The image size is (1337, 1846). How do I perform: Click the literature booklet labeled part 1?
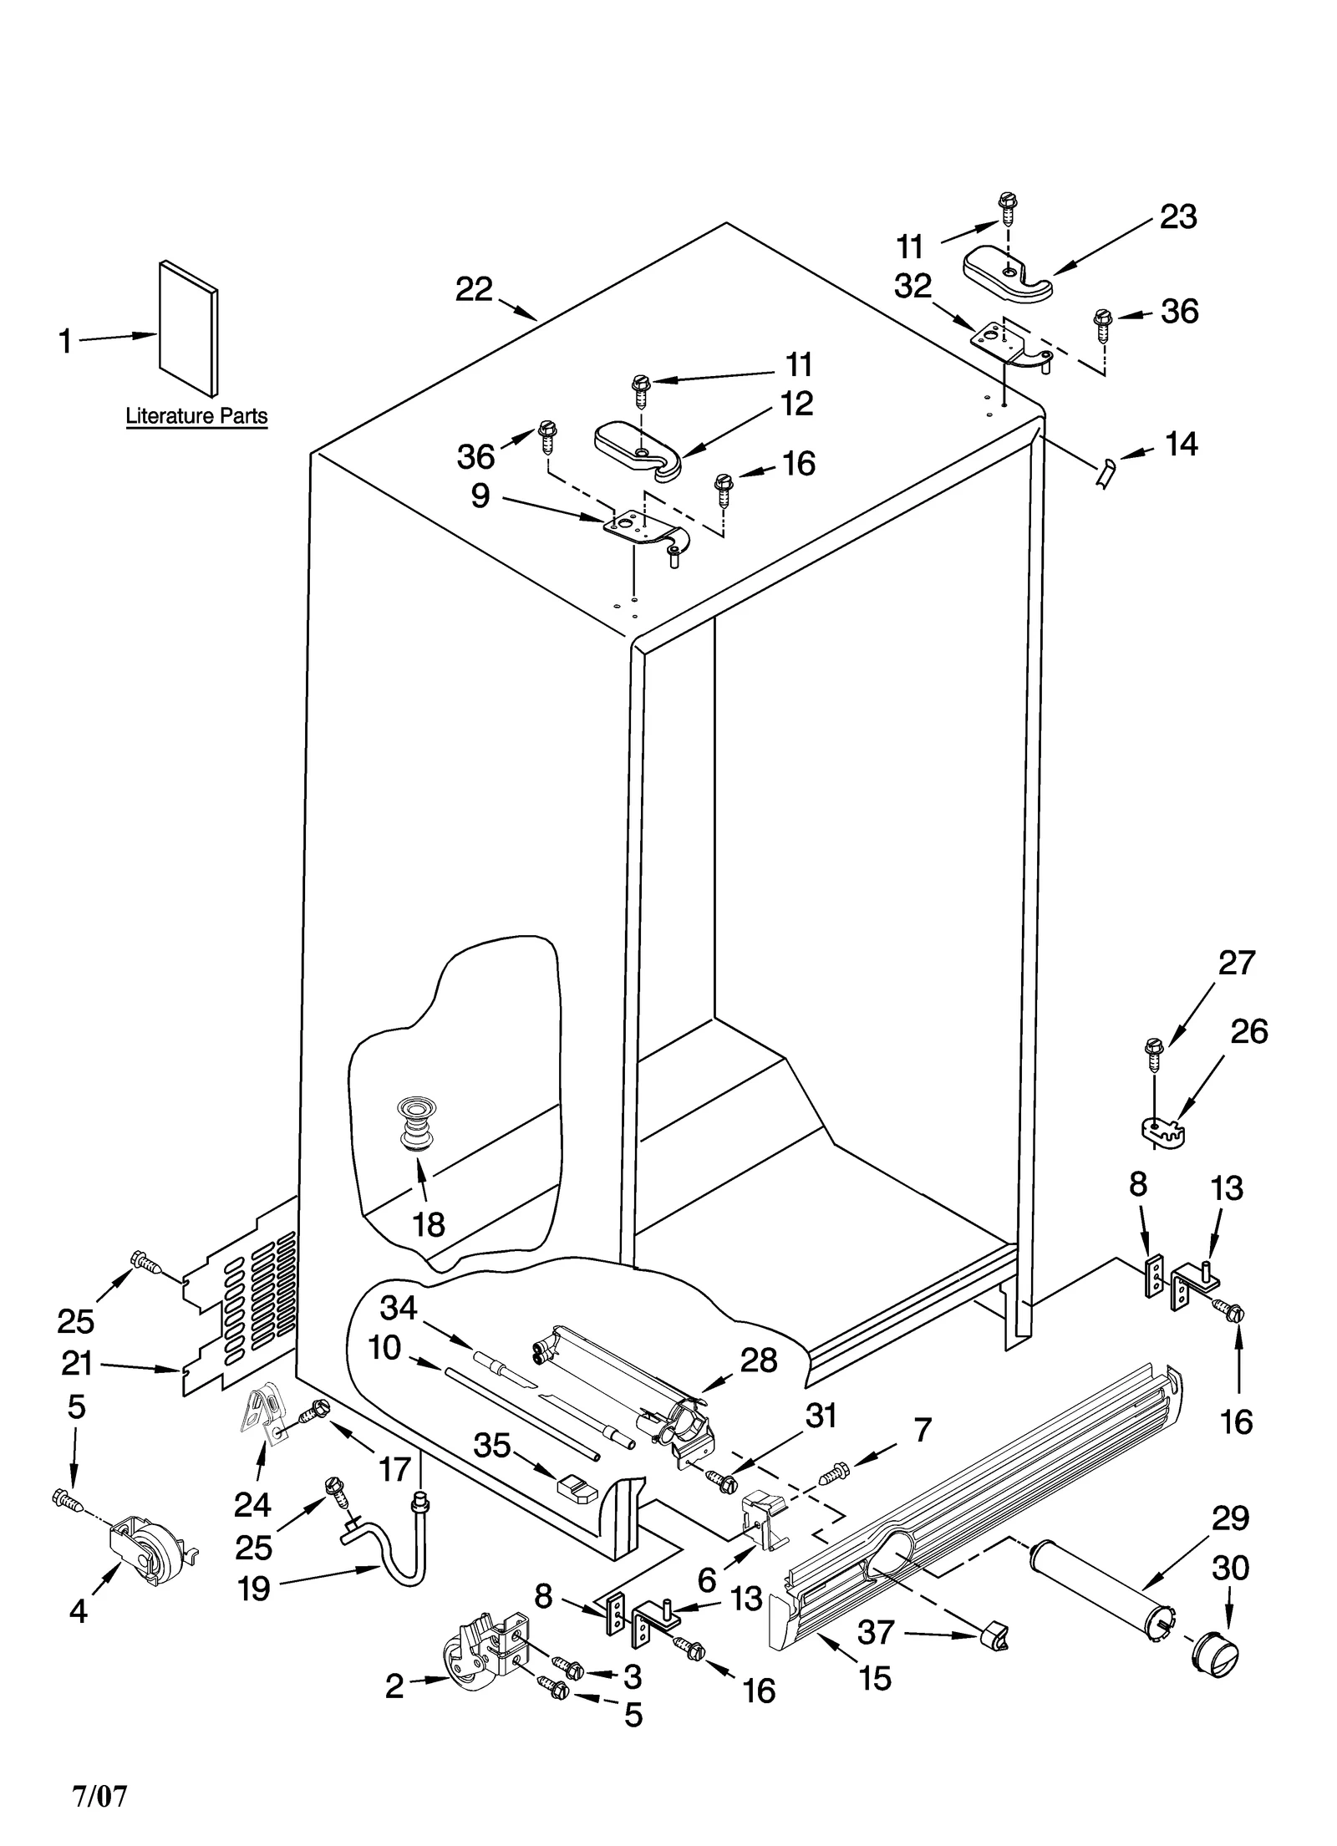click(189, 328)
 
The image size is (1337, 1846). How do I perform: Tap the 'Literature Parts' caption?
click(196, 415)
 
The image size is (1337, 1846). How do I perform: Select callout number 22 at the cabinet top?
click(474, 289)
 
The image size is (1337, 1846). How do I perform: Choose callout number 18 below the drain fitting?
click(429, 1225)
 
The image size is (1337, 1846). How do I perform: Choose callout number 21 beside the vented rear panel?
click(77, 1363)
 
